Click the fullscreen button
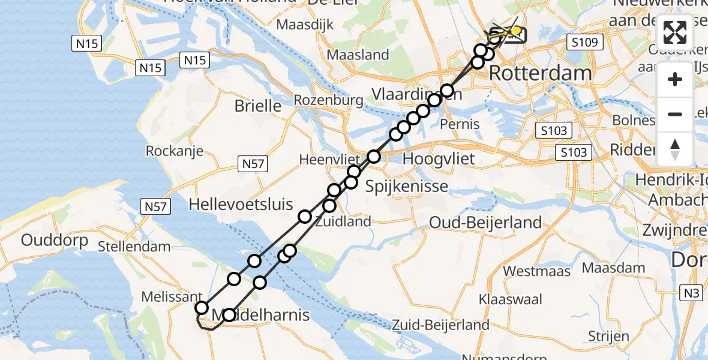click(675, 32)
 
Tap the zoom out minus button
click(675, 114)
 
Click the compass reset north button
click(675, 149)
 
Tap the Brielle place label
click(258, 106)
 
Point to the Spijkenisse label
click(407, 186)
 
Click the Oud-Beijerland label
click(485, 223)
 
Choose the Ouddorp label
click(55, 241)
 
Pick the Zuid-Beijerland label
click(440, 325)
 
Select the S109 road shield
click(583, 43)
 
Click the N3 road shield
click(692, 292)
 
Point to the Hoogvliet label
click(439, 159)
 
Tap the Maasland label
click(358, 55)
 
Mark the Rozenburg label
click(329, 100)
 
